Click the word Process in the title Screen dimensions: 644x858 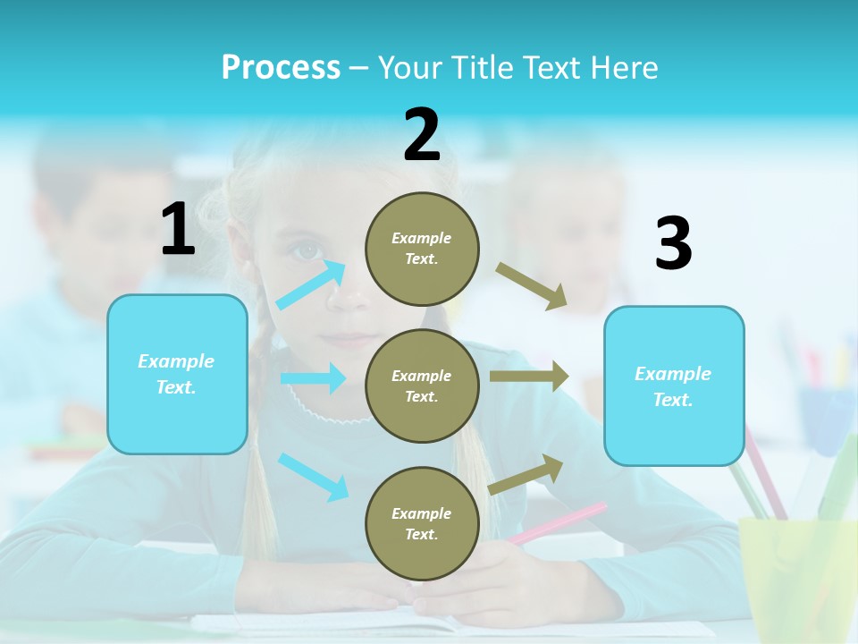point(281,68)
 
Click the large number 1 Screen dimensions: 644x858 point(178,230)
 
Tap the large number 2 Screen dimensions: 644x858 point(422,135)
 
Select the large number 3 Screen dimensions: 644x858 point(673,243)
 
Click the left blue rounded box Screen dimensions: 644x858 point(177,374)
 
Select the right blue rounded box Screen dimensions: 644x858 point(674,386)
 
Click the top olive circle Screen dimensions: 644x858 point(422,249)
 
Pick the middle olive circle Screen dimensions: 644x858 point(422,386)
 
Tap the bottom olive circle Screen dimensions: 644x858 point(422,523)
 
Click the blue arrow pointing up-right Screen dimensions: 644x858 point(311,284)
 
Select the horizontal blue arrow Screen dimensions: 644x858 point(313,378)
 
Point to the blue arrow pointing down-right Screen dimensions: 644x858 point(313,477)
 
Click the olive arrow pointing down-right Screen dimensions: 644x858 point(532,286)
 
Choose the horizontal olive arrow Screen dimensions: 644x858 point(529,377)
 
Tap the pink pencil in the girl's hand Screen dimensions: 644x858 point(559,522)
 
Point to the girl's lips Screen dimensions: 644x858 point(353,340)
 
